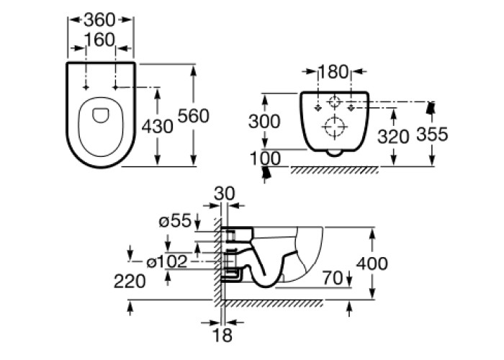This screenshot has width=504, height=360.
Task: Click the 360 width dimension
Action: (x=99, y=20)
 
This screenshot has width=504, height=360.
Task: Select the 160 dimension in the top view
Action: (x=99, y=40)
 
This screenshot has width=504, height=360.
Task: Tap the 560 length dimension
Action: (x=194, y=116)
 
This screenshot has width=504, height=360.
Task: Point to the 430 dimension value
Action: (x=158, y=126)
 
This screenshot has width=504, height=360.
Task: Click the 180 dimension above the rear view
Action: (x=333, y=72)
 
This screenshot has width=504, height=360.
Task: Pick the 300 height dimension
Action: (x=264, y=122)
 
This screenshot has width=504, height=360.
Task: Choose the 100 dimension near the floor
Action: (x=265, y=158)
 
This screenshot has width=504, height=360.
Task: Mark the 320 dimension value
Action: (x=393, y=136)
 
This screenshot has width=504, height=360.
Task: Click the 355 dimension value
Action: (x=432, y=134)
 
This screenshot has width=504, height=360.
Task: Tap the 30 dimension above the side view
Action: (x=225, y=194)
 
